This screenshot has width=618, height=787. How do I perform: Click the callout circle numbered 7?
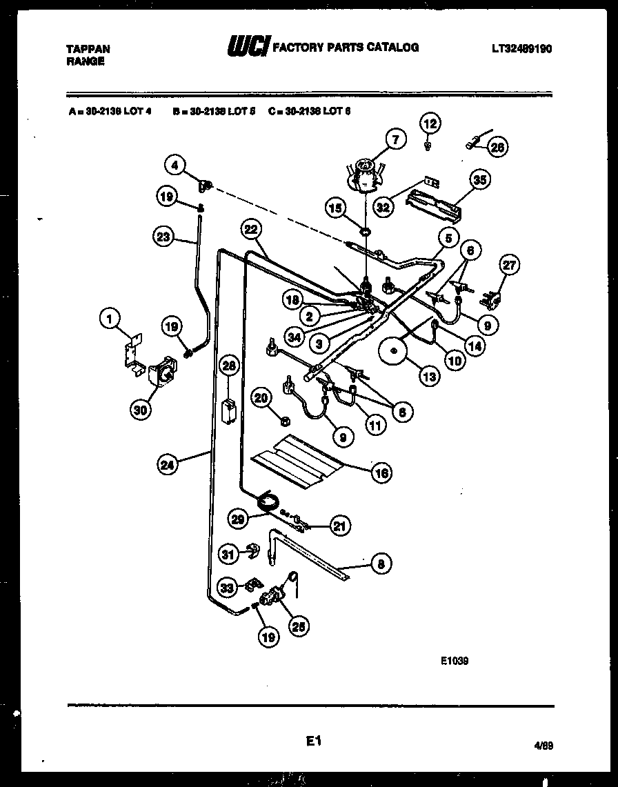pyautogui.click(x=395, y=140)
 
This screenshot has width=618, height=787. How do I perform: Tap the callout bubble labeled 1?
pyautogui.click(x=108, y=318)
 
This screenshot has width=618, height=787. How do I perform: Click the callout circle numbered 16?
pyautogui.click(x=381, y=472)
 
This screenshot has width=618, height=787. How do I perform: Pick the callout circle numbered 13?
pyautogui.click(x=429, y=377)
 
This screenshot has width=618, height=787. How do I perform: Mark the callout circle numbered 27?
pyautogui.click(x=510, y=266)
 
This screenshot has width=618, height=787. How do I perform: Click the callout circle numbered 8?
pyautogui.click(x=379, y=564)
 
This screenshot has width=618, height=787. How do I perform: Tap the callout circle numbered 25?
pyautogui.click(x=299, y=626)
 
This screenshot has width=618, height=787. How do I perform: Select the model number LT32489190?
pyautogui.click(x=522, y=49)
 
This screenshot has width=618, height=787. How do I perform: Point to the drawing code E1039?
pyautogui.click(x=455, y=659)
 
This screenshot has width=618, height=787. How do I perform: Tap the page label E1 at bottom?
pyautogui.click(x=314, y=741)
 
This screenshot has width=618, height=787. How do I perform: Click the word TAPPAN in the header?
pyautogui.click(x=87, y=50)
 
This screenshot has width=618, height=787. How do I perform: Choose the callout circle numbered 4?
pyautogui.click(x=175, y=165)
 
